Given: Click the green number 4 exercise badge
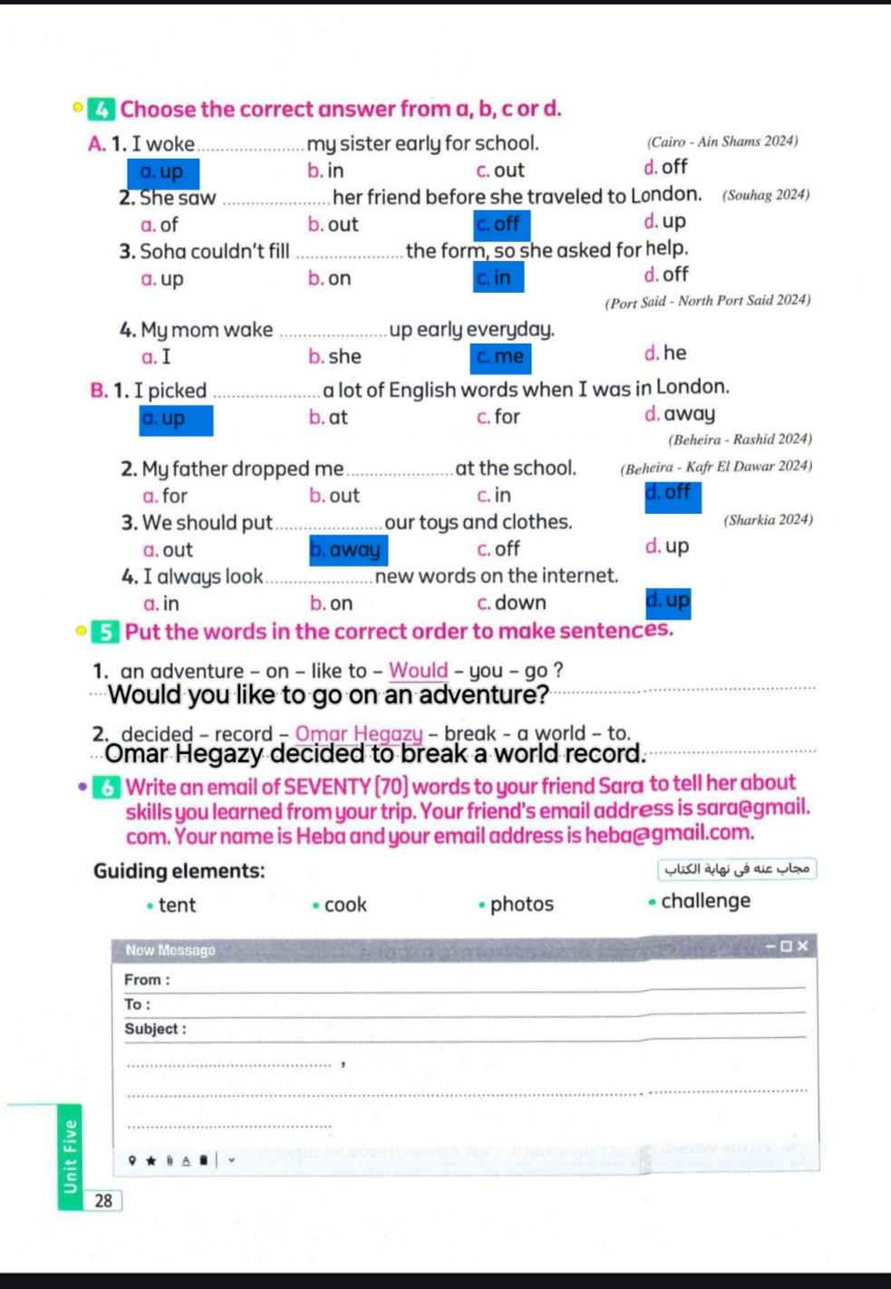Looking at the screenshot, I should coord(102,110).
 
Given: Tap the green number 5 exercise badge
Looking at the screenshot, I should coord(106,632).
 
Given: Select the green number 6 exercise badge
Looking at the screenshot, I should coord(107,787).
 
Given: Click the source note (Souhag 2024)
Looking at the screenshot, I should coord(765,195).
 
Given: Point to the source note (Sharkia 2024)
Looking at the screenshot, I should coord(768,519).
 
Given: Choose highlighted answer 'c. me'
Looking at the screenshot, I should coord(500,357).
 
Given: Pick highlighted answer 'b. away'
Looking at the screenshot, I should coord(348,549).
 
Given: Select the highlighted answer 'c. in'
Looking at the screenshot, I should coord(498,277).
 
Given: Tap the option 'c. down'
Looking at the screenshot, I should coord(511,603).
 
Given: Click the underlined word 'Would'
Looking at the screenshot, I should coord(418,670).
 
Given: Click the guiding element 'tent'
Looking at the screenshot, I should coord(176,905).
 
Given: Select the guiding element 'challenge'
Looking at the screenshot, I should coord(704,901).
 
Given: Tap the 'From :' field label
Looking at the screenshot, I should coord(147,980).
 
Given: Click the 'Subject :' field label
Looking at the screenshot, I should coord(155,1029).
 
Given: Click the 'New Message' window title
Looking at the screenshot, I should coord(170,950).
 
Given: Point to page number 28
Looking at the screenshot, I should coord(103,1200).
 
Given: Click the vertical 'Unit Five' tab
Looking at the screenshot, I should coord(70,1157).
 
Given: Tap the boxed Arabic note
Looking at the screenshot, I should coord(737,868).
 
